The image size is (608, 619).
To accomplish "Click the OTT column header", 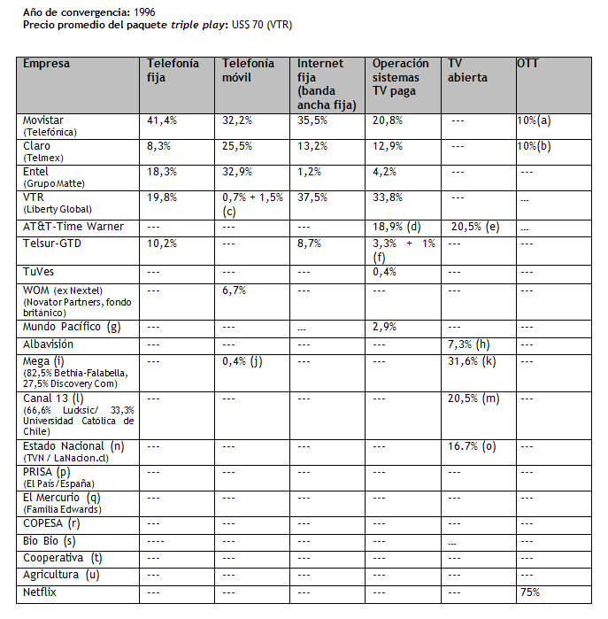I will tap(527, 64).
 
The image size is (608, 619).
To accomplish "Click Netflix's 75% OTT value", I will tap(529, 592).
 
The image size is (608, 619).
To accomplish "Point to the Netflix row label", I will tap(39, 592).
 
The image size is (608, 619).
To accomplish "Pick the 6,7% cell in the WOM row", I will tap(235, 290).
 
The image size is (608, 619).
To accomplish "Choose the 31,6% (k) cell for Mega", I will tap(474, 361).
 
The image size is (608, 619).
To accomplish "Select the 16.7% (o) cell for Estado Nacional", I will tap(473, 447).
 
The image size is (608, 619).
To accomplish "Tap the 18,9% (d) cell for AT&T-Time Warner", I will tap(396, 227).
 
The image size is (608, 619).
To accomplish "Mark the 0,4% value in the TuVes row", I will tap(385, 272).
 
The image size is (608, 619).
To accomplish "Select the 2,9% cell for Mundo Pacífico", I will tap(385, 328).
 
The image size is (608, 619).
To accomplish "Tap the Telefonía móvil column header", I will tap(243, 71).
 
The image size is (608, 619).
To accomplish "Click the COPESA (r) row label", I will tap(50, 523).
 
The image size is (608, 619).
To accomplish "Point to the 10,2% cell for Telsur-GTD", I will tap(162, 243).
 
